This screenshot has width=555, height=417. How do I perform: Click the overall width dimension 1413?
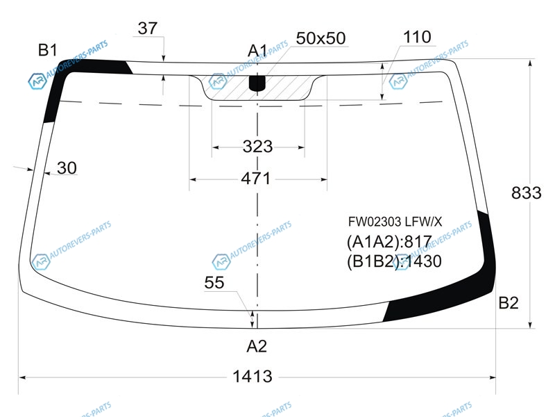253,376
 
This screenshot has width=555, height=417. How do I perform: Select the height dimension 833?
527,193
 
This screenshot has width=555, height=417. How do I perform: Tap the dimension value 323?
257,147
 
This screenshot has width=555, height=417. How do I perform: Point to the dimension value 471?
256,179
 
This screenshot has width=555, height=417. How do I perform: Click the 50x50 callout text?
321,38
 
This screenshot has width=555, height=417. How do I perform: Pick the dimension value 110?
417,37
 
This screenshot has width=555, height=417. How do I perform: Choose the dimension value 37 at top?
148,28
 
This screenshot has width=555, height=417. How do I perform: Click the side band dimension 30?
67,167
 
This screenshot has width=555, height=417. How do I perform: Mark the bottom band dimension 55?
214,283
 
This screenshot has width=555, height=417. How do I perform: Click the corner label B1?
47,50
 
